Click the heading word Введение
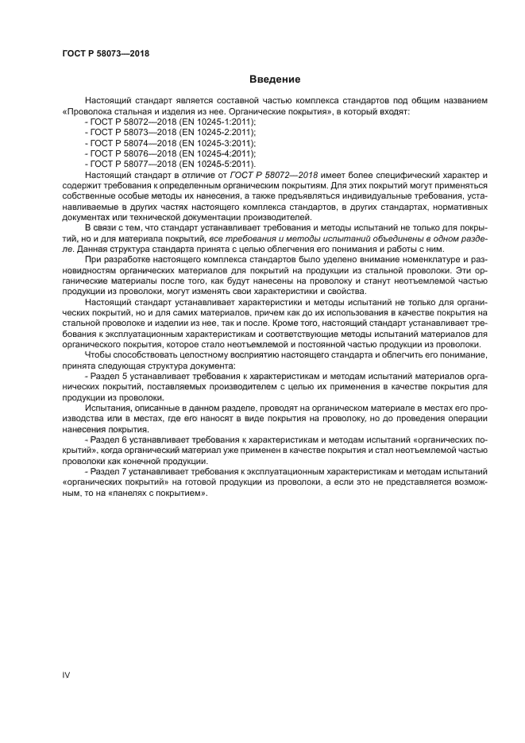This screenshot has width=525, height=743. coord(275,79)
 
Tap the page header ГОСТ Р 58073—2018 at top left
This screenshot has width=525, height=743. coord(106,54)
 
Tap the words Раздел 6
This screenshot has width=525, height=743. coord(111,438)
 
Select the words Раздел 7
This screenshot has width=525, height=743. coord(111,472)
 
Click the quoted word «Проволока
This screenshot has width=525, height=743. coord(87,113)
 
